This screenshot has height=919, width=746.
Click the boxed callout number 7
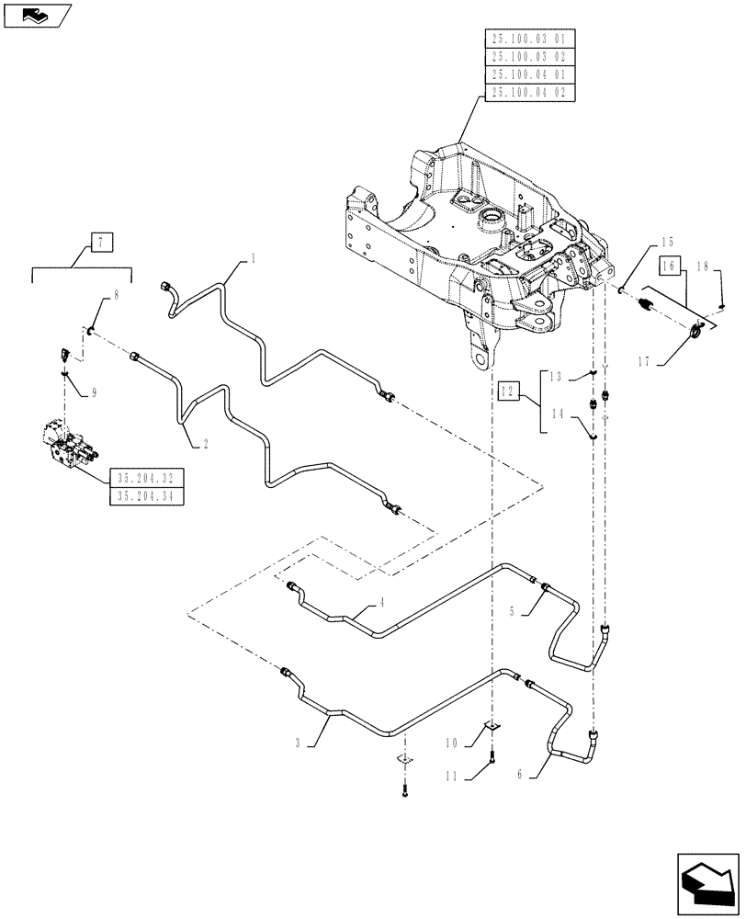99,243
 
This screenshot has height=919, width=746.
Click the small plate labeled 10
492,727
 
